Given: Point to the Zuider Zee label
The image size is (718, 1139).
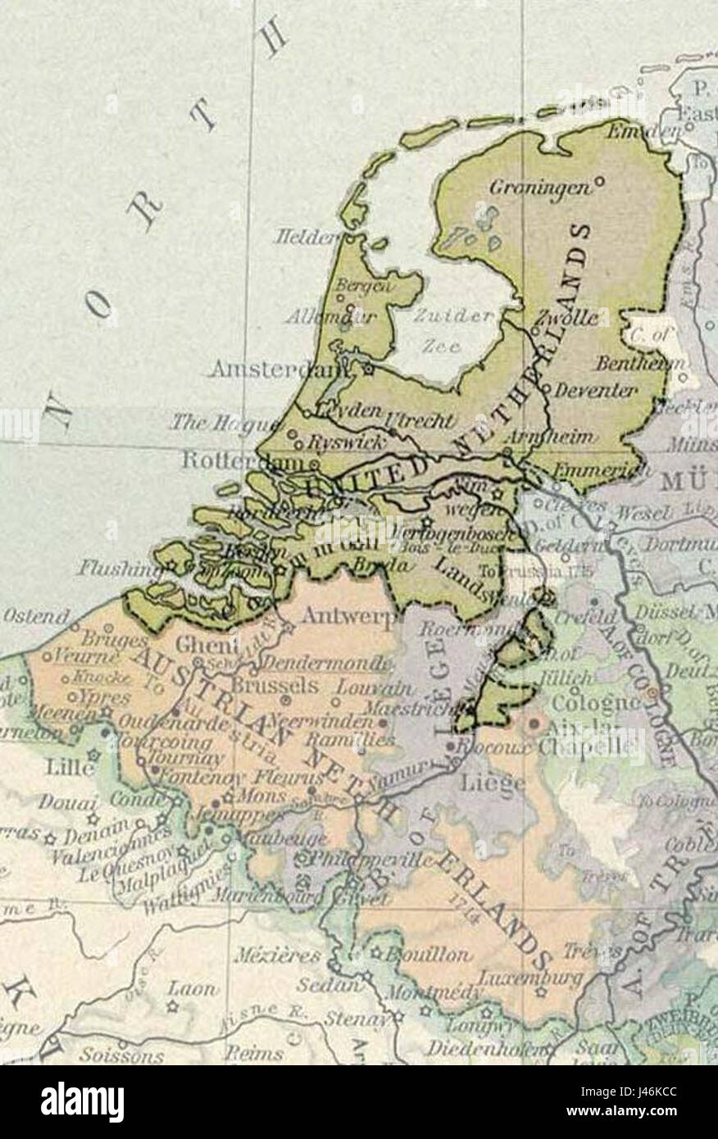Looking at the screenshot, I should [443, 331].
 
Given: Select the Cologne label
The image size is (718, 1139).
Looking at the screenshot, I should [593, 702].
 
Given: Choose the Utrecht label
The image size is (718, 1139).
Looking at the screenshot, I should [425, 420].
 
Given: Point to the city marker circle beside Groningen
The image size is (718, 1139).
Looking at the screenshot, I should [599, 180].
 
